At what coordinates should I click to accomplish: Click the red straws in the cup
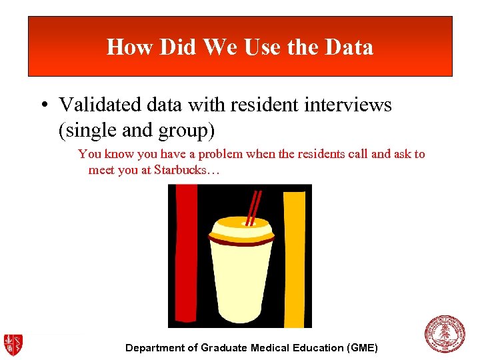[x=253, y=207]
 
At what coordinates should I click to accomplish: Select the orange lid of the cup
[x=241, y=230]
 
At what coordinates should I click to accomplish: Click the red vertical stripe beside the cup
[x=186, y=253]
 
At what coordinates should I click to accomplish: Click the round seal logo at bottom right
[x=444, y=334]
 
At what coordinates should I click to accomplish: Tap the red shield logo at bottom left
[x=13, y=343]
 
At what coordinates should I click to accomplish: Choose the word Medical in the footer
[x=273, y=348]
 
